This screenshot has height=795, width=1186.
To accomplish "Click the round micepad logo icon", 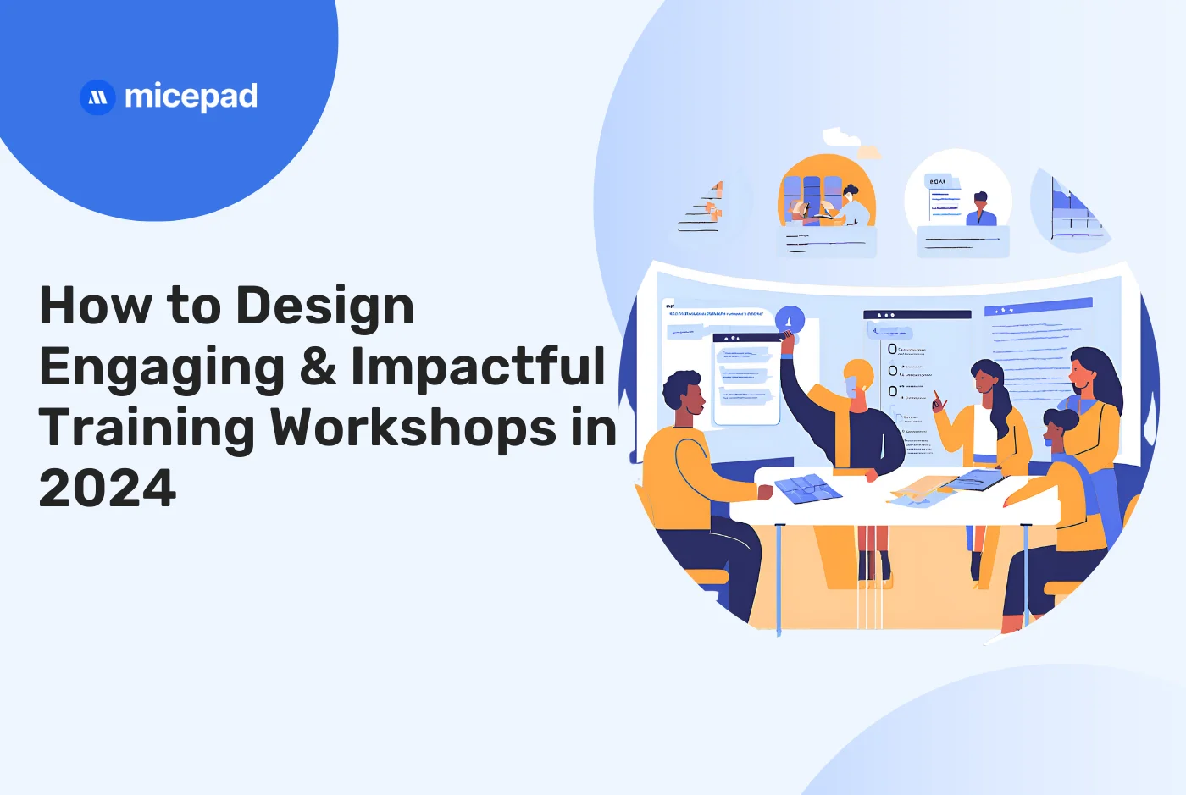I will pos(97,97).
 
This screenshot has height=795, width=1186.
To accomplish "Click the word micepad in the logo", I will pos(191,97).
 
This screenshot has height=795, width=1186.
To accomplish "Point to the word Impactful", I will pos(479,367).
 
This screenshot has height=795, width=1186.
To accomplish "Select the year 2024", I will pos(108,489).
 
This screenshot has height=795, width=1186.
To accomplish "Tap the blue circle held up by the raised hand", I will pos(790,319).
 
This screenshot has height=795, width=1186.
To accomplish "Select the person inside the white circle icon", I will pos(980,209).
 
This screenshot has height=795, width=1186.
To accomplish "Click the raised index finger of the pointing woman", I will pos(936,396).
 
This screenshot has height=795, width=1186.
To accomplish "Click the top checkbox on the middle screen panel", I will pos(892,349).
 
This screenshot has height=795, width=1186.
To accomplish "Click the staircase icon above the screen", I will pos(703,207).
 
